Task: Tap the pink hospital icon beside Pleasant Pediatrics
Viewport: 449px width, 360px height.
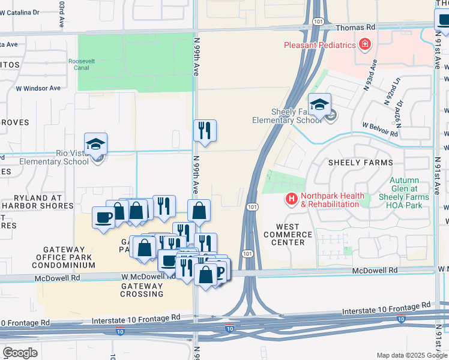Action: point(364,44)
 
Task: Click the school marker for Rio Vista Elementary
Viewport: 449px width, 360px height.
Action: point(95,144)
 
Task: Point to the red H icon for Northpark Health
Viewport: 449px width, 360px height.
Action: point(292,198)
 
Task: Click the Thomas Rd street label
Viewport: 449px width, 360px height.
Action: point(355,27)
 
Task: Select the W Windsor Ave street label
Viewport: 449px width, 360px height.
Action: point(38,88)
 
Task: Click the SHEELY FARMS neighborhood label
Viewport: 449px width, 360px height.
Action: point(360,163)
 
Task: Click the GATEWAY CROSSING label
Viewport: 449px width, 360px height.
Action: point(142,290)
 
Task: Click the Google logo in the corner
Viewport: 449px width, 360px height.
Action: point(20,353)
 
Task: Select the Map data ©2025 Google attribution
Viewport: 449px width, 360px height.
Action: point(411,355)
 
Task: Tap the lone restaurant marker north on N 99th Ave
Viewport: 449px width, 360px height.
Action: point(205,130)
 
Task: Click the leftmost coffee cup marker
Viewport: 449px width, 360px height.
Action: point(103,217)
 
